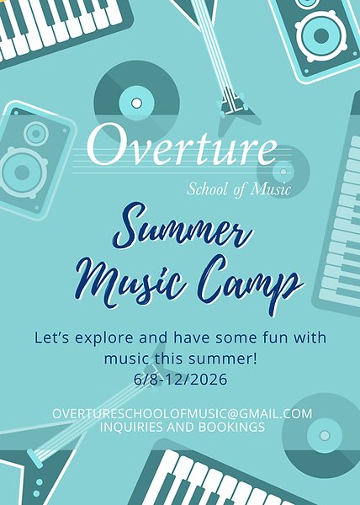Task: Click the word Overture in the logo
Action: pos(182,148)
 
